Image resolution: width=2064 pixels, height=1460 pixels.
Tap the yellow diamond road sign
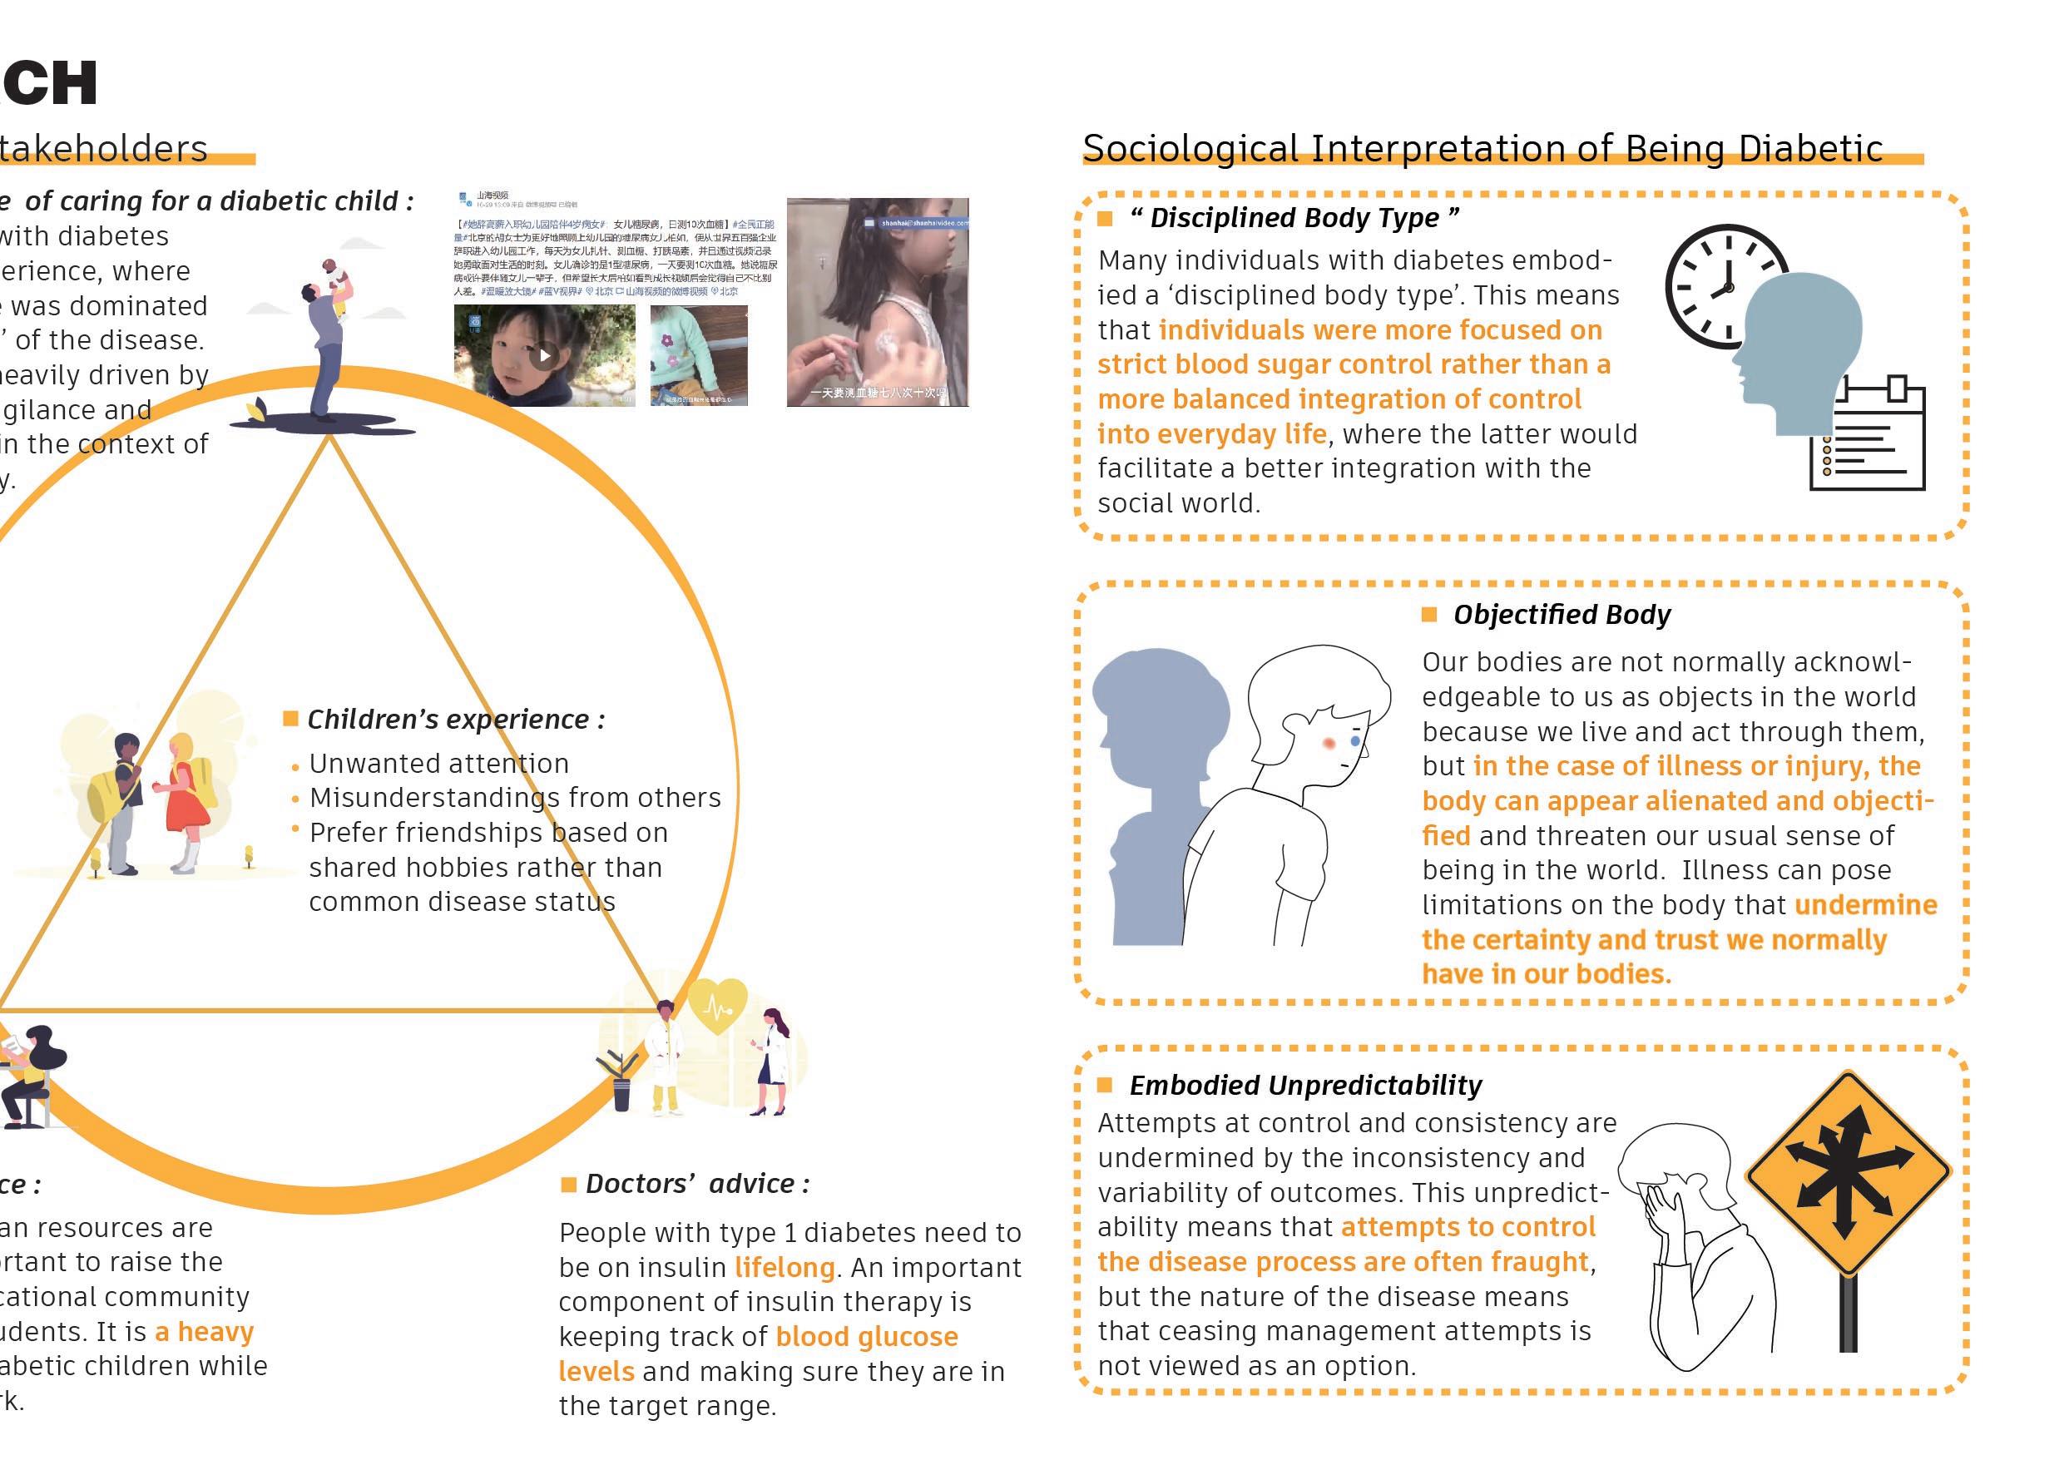(x=1848, y=1172)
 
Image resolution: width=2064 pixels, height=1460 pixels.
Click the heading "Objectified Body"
(x=1562, y=615)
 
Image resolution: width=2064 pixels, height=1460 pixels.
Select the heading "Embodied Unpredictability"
(x=1304, y=1085)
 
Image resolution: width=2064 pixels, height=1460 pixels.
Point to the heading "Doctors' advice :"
(x=696, y=1184)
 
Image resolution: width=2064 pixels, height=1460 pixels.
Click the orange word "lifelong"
(x=784, y=1268)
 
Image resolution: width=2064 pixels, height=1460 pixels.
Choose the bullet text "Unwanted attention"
(x=438, y=763)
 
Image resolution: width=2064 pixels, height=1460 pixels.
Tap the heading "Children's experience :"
(x=456, y=720)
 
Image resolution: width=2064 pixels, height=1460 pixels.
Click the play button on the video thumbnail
(x=544, y=355)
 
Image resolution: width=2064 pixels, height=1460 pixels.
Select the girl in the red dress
(x=187, y=795)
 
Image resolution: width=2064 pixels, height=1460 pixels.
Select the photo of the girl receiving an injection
(x=878, y=302)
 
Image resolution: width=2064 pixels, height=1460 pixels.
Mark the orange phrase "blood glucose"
(x=867, y=1337)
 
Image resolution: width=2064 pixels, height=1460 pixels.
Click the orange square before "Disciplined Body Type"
(x=1105, y=219)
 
